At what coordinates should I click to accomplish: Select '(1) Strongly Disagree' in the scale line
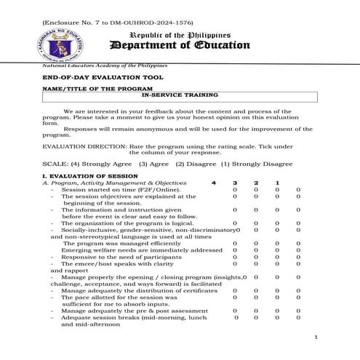point(252,164)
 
